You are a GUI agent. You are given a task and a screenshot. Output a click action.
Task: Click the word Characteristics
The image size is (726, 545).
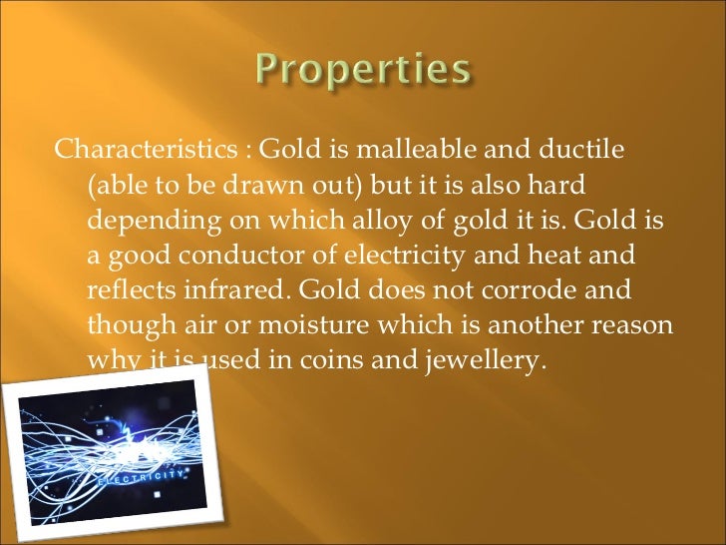(x=144, y=151)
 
